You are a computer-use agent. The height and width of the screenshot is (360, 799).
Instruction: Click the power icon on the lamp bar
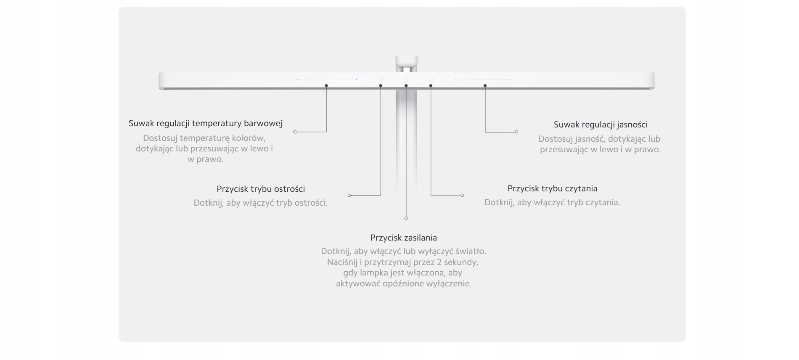coord(406,79)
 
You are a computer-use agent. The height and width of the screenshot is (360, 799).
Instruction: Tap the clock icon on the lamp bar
coord(381,79)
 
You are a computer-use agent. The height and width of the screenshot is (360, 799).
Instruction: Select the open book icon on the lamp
coord(431,79)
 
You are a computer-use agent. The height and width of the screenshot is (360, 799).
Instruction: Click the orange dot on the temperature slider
coord(298,79)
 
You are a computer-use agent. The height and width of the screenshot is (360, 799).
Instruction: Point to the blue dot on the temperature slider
coord(356,79)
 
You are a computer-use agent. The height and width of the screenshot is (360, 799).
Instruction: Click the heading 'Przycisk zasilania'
coord(403,238)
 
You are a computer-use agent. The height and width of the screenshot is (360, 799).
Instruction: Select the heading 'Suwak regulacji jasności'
coord(600,124)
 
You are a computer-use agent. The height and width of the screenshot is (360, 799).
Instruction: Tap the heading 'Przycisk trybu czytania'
coord(552,188)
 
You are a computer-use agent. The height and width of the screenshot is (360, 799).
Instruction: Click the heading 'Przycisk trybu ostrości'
coord(261,189)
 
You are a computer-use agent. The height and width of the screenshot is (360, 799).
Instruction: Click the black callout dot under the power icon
coord(406,86)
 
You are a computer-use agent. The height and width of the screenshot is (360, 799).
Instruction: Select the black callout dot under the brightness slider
coord(485,86)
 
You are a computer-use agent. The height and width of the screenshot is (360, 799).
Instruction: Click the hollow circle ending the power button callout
coord(406,218)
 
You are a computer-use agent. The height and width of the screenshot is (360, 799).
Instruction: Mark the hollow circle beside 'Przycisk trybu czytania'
coord(462,195)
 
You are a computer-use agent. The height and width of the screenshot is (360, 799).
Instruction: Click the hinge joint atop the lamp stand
coord(406,63)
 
